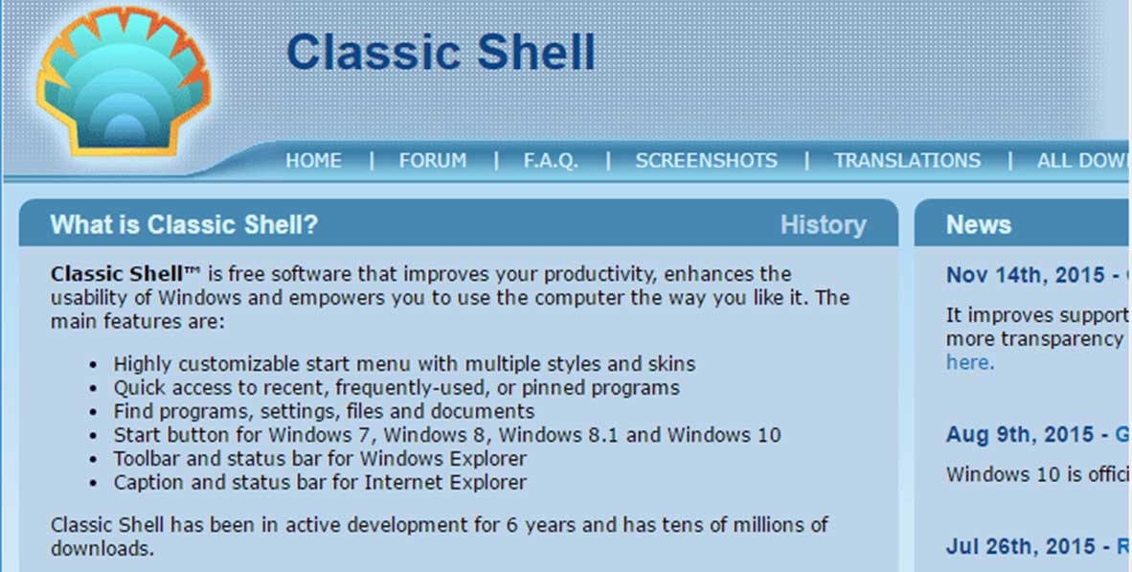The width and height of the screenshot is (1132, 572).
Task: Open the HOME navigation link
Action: pyautogui.click(x=313, y=160)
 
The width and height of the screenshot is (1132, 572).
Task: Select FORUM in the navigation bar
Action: pyautogui.click(x=433, y=160)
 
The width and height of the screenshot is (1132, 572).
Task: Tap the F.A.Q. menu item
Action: pyautogui.click(x=551, y=160)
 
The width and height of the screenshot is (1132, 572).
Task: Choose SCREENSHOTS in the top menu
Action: pyautogui.click(x=706, y=160)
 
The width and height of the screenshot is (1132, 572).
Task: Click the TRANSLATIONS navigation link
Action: pyautogui.click(x=908, y=160)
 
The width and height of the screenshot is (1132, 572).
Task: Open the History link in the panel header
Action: pyautogui.click(x=823, y=225)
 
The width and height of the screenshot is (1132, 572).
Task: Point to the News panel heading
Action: pyautogui.click(x=978, y=225)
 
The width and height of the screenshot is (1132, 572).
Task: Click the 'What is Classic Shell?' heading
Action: pyautogui.click(x=184, y=225)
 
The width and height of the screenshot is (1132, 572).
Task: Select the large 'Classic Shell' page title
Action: pyautogui.click(x=441, y=52)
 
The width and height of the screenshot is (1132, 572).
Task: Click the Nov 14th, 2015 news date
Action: pyautogui.click(x=1026, y=275)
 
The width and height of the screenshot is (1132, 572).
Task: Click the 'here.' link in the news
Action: pyautogui.click(x=970, y=362)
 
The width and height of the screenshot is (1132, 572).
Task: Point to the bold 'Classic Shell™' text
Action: pyautogui.click(x=125, y=274)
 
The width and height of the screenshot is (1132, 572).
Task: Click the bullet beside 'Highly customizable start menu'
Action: pyautogui.click(x=92, y=365)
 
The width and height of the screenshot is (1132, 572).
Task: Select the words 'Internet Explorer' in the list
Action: pyautogui.click(x=445, y=483)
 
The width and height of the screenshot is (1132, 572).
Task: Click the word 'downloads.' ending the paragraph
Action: pyautogui.click(x=102, y=549)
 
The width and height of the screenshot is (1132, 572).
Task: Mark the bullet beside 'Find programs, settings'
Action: pyautogui.click(x=92, y=413)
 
